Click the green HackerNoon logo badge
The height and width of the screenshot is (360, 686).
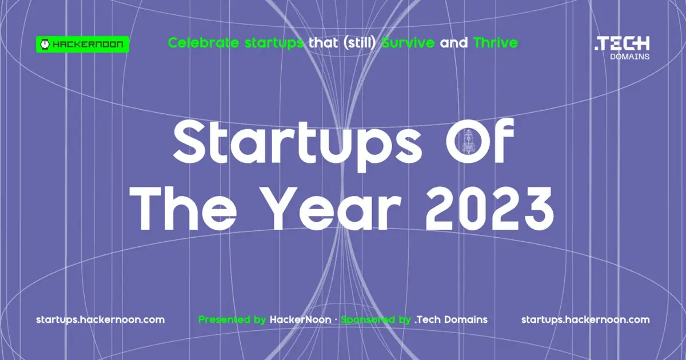(x=82, y=44)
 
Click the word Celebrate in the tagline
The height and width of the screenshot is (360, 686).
(x=204, y=43)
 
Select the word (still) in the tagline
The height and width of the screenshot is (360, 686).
(x=360, y=43)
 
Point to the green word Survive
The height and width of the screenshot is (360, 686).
(x=408, y=43)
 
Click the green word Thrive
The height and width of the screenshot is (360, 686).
(x=496, y=43)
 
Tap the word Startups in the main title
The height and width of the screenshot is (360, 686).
(x=297, y=145)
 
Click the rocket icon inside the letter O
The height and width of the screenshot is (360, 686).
(x=469, y=141)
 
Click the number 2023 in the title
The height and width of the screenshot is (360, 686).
(x=489, y=209)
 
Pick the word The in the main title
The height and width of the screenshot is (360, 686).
(x=183, y=208)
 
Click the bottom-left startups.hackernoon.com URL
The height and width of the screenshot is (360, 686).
(x=100, y=320)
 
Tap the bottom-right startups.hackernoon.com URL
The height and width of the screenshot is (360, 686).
(x=585, y=320)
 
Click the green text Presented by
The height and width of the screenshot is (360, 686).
(x=232, y=320)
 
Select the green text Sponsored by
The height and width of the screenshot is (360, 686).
(x=376, y=320)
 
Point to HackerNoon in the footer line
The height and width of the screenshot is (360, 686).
(x=301, y=319)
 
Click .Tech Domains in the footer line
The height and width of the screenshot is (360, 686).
(x=451, y=319)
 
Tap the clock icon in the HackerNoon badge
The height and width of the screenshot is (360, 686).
(x=45, y=44)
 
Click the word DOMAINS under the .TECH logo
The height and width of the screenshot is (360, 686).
(x=629, y=57)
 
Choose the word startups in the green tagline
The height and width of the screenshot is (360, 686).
(x=274, y=43)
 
